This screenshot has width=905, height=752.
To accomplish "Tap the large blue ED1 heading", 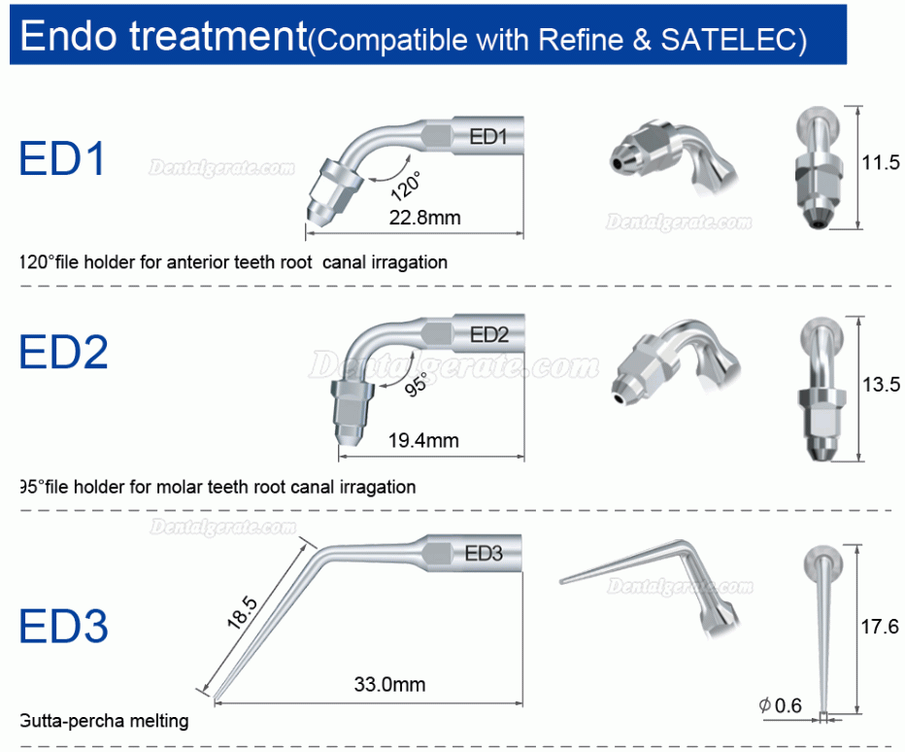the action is [62, 158].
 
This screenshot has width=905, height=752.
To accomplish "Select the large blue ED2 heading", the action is [63, 352].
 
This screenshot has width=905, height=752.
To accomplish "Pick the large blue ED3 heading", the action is [63, 626].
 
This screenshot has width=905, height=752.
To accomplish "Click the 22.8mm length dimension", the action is [424, 218].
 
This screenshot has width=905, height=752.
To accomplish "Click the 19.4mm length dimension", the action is [423, 441].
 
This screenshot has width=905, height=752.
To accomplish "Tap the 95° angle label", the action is [417, 384].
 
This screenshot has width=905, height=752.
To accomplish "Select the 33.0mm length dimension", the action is [389, 684].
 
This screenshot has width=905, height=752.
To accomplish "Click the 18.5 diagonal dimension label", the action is [242, 612].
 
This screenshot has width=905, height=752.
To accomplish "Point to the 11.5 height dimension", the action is [881, 163].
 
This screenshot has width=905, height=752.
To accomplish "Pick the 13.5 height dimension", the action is [882, 384].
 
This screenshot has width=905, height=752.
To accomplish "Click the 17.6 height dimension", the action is [880, 626].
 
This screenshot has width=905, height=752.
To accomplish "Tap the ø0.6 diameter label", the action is [781, 705].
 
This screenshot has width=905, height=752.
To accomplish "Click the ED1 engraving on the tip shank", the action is [488, 137].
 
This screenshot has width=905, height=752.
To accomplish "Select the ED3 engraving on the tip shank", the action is [484, 554].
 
